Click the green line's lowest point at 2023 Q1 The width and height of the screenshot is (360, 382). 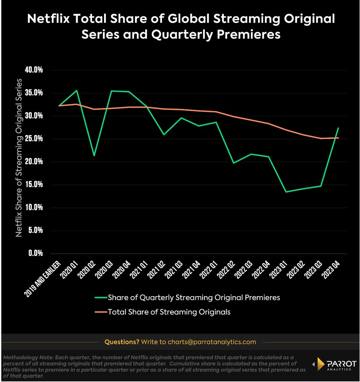(x=286, y=192)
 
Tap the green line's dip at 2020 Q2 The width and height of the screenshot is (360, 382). (x=94, y=156)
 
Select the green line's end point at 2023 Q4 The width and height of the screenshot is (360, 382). (x=338, y=128)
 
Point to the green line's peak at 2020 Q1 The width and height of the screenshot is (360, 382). (x=77, y=90)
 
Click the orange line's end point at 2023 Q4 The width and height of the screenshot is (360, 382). (x=338, y=138)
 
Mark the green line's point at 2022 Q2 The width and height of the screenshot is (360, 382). (x=234, y=163)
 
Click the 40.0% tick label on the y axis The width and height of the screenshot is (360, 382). (x=34, y=70)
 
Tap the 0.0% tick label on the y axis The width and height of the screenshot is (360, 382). (x=35, y=253)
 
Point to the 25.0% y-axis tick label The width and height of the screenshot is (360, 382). (x=34, y=138)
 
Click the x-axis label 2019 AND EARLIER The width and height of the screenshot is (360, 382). (x=43, y=279)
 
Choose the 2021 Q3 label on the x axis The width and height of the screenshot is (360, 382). (x=173, y=269)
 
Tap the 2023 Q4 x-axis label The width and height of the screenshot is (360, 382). (x=331, y=269)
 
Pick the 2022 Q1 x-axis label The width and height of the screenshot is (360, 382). (x=209, y=269)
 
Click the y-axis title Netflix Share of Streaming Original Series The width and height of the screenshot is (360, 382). (x=19, y=158)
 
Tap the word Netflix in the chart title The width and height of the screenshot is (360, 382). (x=48, y=19)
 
